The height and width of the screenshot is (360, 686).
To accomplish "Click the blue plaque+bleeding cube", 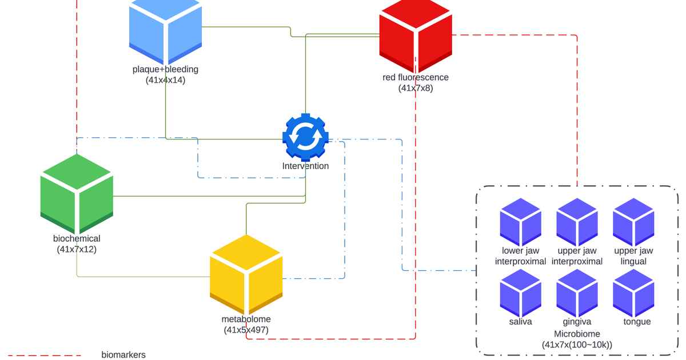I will (166, 31).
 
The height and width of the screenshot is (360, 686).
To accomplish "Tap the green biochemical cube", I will (77, 194).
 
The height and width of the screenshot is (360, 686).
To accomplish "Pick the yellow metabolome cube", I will (246, 275).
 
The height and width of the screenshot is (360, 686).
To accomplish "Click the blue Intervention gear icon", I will (305, 137).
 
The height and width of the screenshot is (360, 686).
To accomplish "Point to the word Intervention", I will (305, 166).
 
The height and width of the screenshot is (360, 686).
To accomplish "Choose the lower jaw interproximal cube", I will (520, 222).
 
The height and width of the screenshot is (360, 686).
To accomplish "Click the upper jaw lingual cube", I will (633, 222).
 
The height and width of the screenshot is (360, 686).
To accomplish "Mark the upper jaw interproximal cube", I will (577, 222).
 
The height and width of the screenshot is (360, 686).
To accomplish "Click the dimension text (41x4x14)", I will (165, 81).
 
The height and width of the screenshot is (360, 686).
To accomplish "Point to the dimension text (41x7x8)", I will (416, 88).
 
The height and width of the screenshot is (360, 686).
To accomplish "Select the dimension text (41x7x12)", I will (77, 249).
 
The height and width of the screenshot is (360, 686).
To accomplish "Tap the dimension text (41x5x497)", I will (246, 330).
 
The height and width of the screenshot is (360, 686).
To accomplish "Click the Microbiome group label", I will (577, 334).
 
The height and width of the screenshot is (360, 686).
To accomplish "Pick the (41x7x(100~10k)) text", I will (577, 345).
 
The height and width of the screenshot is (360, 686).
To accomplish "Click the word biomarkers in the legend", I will (123, 355).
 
